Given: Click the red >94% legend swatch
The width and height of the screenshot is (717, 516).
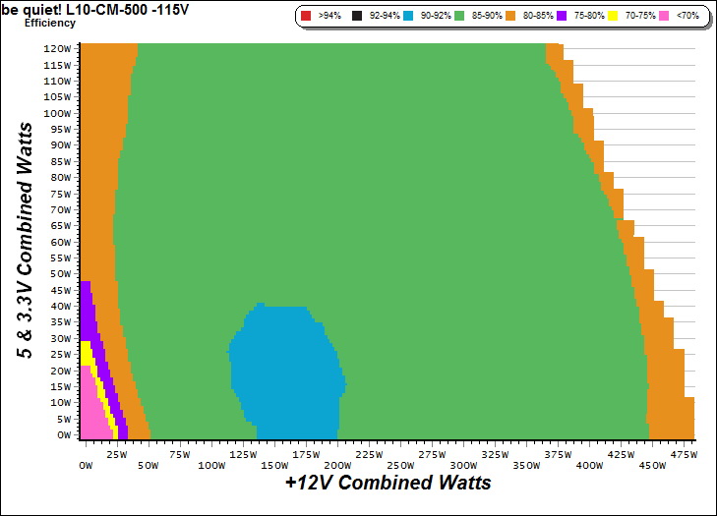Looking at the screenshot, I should [305, 16].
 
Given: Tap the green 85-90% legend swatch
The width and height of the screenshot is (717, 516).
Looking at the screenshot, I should [461, 16].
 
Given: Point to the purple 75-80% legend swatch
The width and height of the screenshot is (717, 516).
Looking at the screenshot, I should [562, 16].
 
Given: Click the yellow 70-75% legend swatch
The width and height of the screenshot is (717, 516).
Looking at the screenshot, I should [611, 16].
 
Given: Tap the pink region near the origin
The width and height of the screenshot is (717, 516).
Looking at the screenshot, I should [90, 413].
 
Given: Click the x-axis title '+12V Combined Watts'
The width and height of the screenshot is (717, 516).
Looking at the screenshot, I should [388, 484].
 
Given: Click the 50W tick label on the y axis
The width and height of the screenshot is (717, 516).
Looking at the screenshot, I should [60, 273].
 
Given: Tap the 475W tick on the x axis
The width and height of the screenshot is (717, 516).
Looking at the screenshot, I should [683, 454].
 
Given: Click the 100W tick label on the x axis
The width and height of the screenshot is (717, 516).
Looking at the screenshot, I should [210, 465].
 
